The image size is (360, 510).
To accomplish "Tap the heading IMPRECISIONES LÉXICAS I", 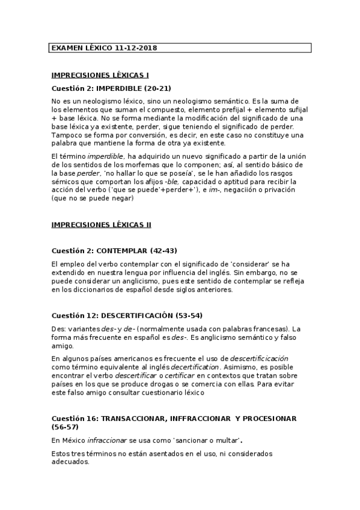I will (x=100, y=75).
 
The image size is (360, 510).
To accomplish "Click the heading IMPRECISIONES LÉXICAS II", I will (x=102, y=224).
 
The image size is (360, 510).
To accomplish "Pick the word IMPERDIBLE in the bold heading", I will (x=113, y=88).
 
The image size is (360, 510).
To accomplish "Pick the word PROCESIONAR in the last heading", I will (x=268, y=418).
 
